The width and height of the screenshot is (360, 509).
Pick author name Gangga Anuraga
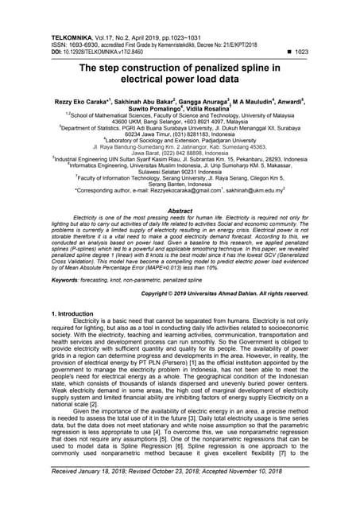pos(215,103)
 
